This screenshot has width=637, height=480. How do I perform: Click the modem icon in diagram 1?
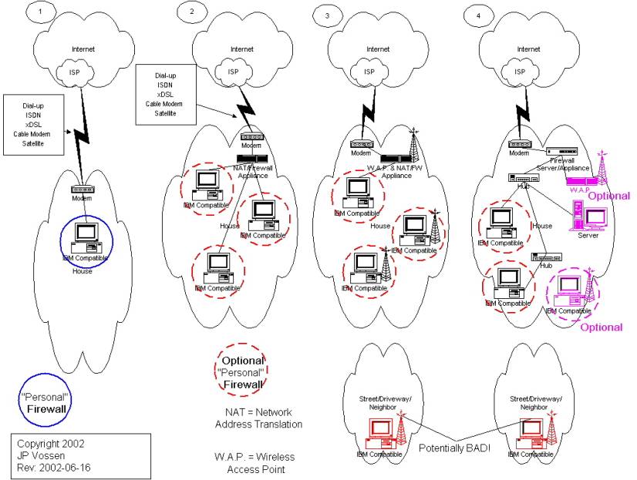(x=83, y=190)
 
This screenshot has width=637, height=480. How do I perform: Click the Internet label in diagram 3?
(x=378, y=49)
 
